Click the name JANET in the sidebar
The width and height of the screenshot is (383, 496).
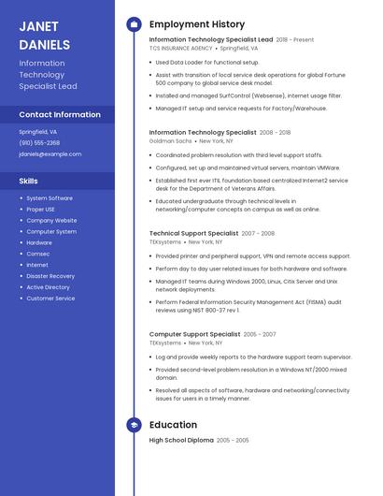tap(38, 26)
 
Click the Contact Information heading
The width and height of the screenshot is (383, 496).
tap(60, 114)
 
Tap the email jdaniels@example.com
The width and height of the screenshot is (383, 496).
tap(50, 153)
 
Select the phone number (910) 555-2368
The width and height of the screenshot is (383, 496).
tap(39, 143)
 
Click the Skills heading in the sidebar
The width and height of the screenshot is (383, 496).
tap(29, 181)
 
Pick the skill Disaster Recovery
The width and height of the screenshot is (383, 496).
tap(50, 276)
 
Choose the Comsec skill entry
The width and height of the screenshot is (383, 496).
tap(38, 254)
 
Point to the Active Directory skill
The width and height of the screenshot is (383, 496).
tap(49, 287)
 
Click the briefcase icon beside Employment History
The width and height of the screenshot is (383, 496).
tap(133, 24)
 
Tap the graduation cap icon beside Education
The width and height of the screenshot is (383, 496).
tap(133, 425)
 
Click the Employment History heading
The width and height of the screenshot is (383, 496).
tap(197, 24)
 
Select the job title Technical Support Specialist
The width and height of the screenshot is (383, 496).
tap(193, 233)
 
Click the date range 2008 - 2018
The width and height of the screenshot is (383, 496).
tap(275, 133)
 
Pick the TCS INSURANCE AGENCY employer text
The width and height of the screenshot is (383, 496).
tap(181, 48)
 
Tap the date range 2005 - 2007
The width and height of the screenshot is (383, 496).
tap(260, 334)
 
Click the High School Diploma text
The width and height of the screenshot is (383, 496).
tap(181, 440)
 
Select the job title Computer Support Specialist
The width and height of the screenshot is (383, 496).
tap(194, 334)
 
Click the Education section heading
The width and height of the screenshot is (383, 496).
tap(173, 425)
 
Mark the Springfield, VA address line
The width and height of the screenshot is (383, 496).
tap(38, 132)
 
